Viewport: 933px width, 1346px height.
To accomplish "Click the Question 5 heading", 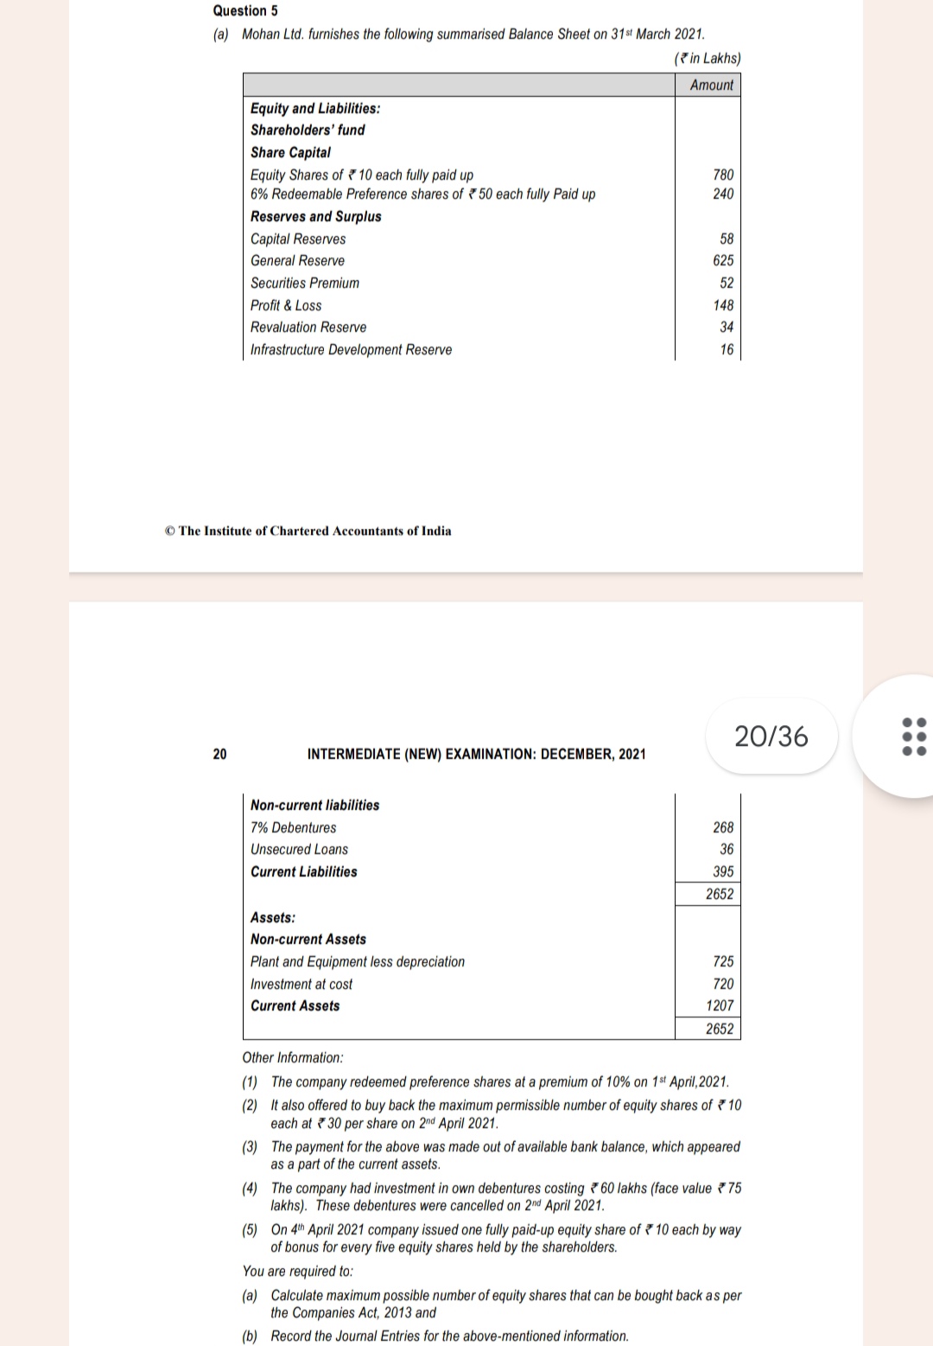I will [245, 10].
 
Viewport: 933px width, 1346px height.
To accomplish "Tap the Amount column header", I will [711, 85].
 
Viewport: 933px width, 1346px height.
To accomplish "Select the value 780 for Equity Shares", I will [723, 175].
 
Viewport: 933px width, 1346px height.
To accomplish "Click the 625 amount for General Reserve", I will [723, 260].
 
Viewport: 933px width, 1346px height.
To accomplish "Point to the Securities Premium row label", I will [304, 283].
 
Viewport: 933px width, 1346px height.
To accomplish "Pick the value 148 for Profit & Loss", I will [723, 305].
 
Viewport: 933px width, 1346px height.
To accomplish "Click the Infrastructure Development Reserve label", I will [351, 349].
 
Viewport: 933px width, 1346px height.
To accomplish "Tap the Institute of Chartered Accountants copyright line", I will [308, 531].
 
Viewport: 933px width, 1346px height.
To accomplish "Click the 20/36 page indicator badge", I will [771, 736].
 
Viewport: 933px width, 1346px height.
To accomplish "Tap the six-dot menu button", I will [913, 736].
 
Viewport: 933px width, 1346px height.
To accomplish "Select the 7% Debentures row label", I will [293, 827].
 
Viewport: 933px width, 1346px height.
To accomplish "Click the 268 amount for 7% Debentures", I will [723, 827].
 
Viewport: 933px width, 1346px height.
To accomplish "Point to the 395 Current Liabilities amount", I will [723, 871].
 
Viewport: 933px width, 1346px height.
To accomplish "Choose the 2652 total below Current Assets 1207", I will [719, 1029].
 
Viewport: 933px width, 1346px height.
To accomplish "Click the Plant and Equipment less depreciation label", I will [357, 961].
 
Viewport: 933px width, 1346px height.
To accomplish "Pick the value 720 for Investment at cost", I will [723, 984].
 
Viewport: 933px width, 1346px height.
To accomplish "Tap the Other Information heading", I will [292, 1057].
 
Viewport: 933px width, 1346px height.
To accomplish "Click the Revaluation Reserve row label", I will [308, 327].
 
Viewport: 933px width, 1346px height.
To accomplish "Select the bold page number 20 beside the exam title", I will [219, 754].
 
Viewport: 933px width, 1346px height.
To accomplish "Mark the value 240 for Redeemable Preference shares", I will [723, 194].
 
